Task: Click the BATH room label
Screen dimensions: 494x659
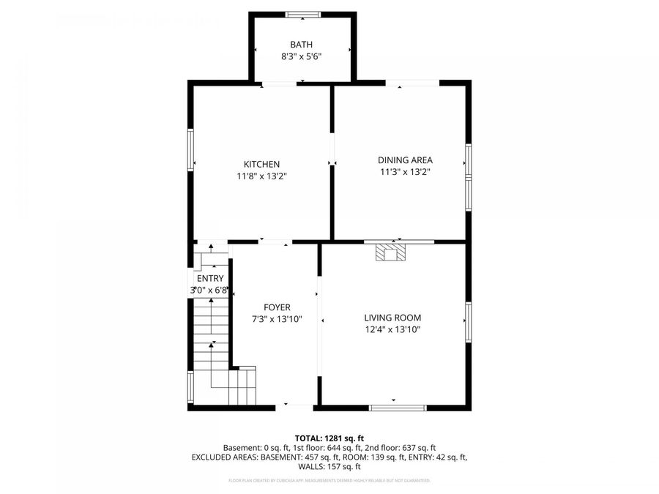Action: coord(301,45)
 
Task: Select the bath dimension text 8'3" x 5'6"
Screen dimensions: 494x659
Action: coord(301,56)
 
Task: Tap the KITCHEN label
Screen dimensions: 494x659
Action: coord(261,164)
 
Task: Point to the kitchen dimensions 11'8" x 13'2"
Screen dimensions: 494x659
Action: coord(261,176)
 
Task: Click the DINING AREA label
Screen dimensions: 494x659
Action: coord(405,160)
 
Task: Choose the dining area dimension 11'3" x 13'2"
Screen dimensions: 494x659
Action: coord(405,172)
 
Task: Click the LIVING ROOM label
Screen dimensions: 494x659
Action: coord(392,318)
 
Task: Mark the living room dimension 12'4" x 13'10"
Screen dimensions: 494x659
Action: coord(392,329)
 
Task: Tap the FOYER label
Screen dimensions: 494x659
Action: coord(277,307)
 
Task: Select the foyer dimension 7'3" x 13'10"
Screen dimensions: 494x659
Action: coord(277,319)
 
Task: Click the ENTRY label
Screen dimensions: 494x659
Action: coord(210,278)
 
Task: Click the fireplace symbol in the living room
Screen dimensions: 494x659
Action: coord(389,252)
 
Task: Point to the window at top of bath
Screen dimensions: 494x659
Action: coord(302,14)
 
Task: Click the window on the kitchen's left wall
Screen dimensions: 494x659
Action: coord(190,150)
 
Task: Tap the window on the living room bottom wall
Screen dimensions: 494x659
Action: coord(398,408)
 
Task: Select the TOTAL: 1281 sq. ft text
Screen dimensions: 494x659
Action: coord(329,438)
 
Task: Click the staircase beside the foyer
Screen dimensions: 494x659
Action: coord(212,344)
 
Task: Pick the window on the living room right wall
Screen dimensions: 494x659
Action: coord(468,322)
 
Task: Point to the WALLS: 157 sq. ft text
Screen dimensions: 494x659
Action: coord(329,466)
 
